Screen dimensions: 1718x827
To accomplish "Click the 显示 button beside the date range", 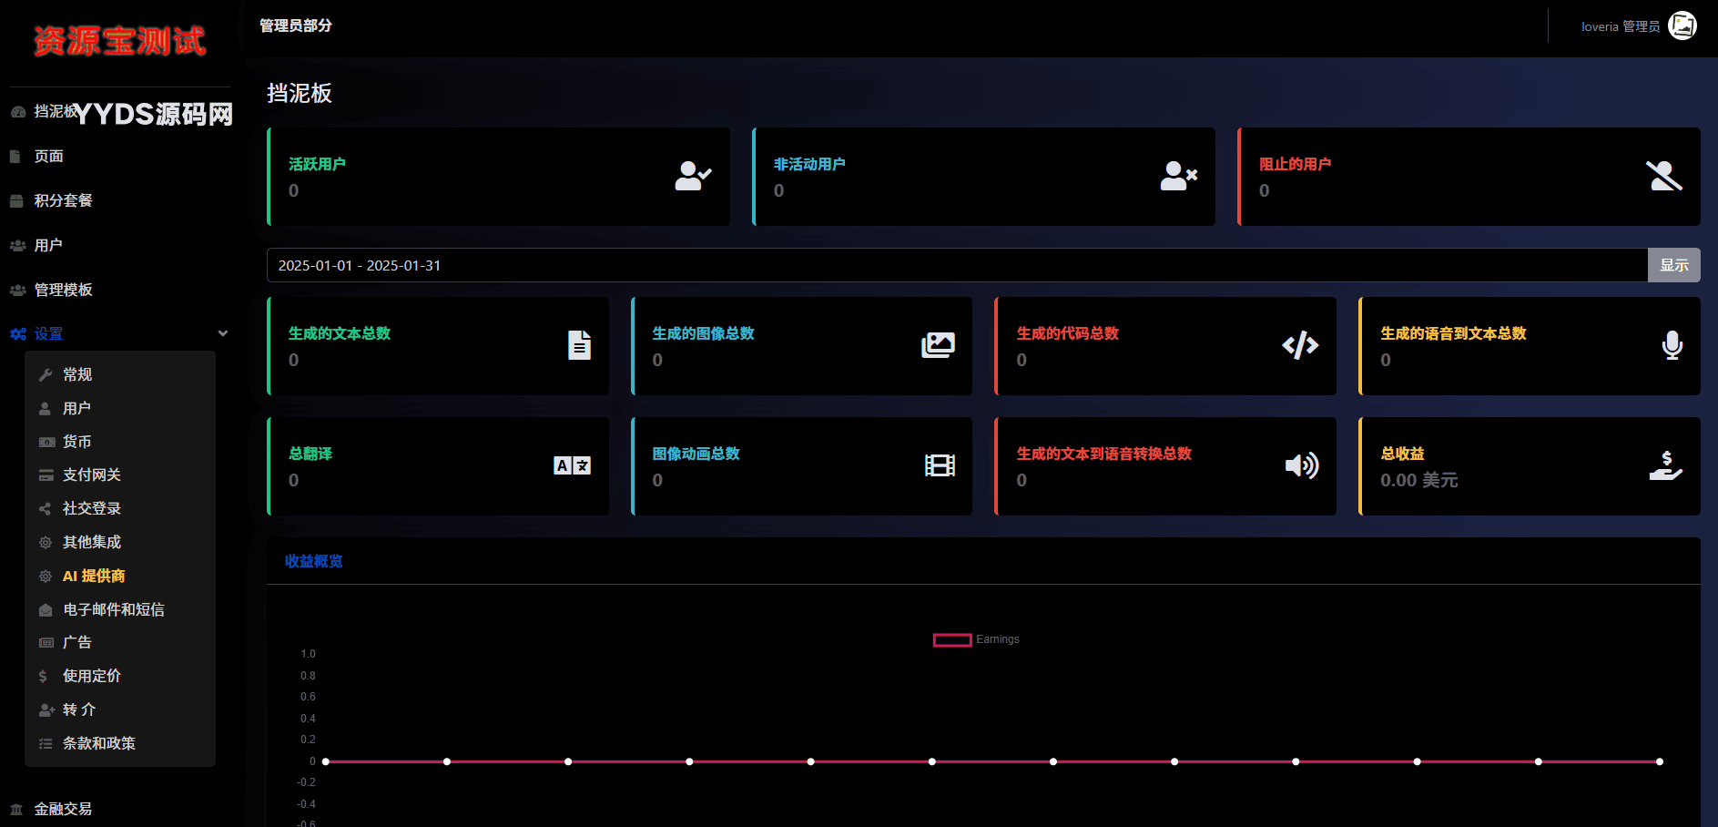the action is [x=1673, y=265].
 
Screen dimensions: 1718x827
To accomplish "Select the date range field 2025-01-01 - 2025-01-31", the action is [x=957, y=265].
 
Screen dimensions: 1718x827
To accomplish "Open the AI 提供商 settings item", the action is [x=94, y=576].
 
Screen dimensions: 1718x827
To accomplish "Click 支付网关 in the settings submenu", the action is [x=91, y=475].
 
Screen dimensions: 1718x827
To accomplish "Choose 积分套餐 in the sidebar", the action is [x=63, y=200].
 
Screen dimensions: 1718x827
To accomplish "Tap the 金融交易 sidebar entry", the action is [x=63, y=809].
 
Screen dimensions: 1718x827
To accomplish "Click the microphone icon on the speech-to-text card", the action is [x=1672, y=345].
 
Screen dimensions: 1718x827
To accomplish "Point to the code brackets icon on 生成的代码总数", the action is [x=1300, y=345].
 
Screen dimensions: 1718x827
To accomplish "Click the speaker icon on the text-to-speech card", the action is [x=1302, y=465].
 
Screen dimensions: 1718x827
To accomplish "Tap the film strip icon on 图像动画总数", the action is [x=940, y=465].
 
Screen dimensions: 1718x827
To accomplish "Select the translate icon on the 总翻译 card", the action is [x=572, y=465].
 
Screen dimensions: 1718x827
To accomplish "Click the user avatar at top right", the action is [x=1682, y=26].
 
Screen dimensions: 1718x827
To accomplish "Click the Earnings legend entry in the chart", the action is [x=976, y=639].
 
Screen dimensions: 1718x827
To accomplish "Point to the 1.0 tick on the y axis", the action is [x=308, y=654].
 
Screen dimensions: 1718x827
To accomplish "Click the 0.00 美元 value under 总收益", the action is [x=1418, y=480].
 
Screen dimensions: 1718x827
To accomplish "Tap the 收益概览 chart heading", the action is [x=313, y=561].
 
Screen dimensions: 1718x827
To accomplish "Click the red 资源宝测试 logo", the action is [x=119, y=41].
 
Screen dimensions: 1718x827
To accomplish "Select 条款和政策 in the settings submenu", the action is [x=98, y=743].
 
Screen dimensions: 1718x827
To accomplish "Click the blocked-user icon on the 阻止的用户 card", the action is [x=1664, y=176].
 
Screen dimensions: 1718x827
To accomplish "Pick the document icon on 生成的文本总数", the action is [x=579, y=345].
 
